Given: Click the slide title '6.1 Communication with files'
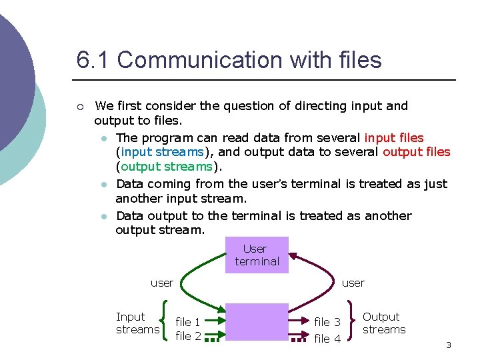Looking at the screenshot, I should [229, 60].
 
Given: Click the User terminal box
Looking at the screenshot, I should [257, 255].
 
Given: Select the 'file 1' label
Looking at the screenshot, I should [188, 322].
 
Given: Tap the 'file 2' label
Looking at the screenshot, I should [188, 336].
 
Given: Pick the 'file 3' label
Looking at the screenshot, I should [327, 322].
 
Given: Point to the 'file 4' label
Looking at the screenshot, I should [327, 339].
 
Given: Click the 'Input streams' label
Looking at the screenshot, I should [137, 323].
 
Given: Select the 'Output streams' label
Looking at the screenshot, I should [384, 323].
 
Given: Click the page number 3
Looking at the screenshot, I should [449, 345].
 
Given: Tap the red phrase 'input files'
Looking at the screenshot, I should [394, 138].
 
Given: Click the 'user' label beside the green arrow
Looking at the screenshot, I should [162, 283].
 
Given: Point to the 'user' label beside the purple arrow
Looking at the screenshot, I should [353, 283].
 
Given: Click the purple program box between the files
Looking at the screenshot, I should [257, 327].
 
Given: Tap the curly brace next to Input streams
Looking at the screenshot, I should [164, 324].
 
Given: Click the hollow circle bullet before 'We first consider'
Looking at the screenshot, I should [79, 106].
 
